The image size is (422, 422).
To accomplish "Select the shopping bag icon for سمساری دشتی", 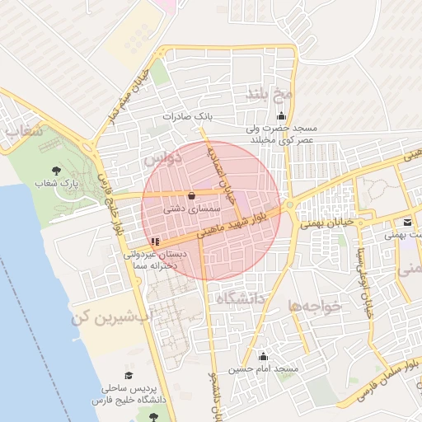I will (x=192, y=195).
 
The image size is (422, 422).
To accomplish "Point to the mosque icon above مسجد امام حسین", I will (x=263, y=356).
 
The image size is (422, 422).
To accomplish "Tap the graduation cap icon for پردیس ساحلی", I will (x=129, y=375).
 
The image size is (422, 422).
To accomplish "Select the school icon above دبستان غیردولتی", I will (x=156, y=241).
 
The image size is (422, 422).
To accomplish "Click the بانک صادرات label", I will (x=188, y=116).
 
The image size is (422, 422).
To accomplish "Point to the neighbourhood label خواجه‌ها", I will (x=315, y=306).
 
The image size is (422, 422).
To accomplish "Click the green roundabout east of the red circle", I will (x=290, y=204).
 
